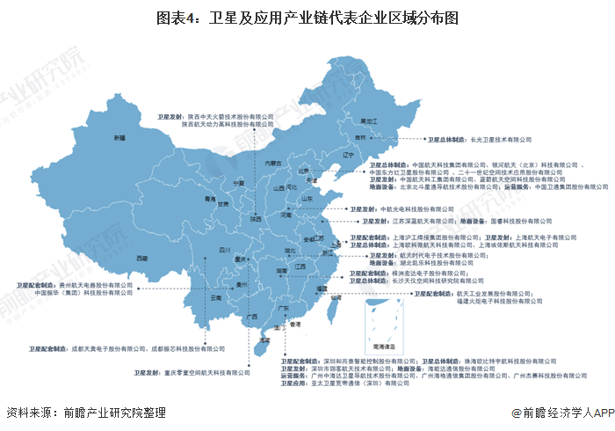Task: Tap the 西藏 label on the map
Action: coord(141,258)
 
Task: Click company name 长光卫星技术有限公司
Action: coord(502,139)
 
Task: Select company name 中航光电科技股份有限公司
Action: coord(416,209)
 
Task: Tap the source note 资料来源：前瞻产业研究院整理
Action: coord(85,412)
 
